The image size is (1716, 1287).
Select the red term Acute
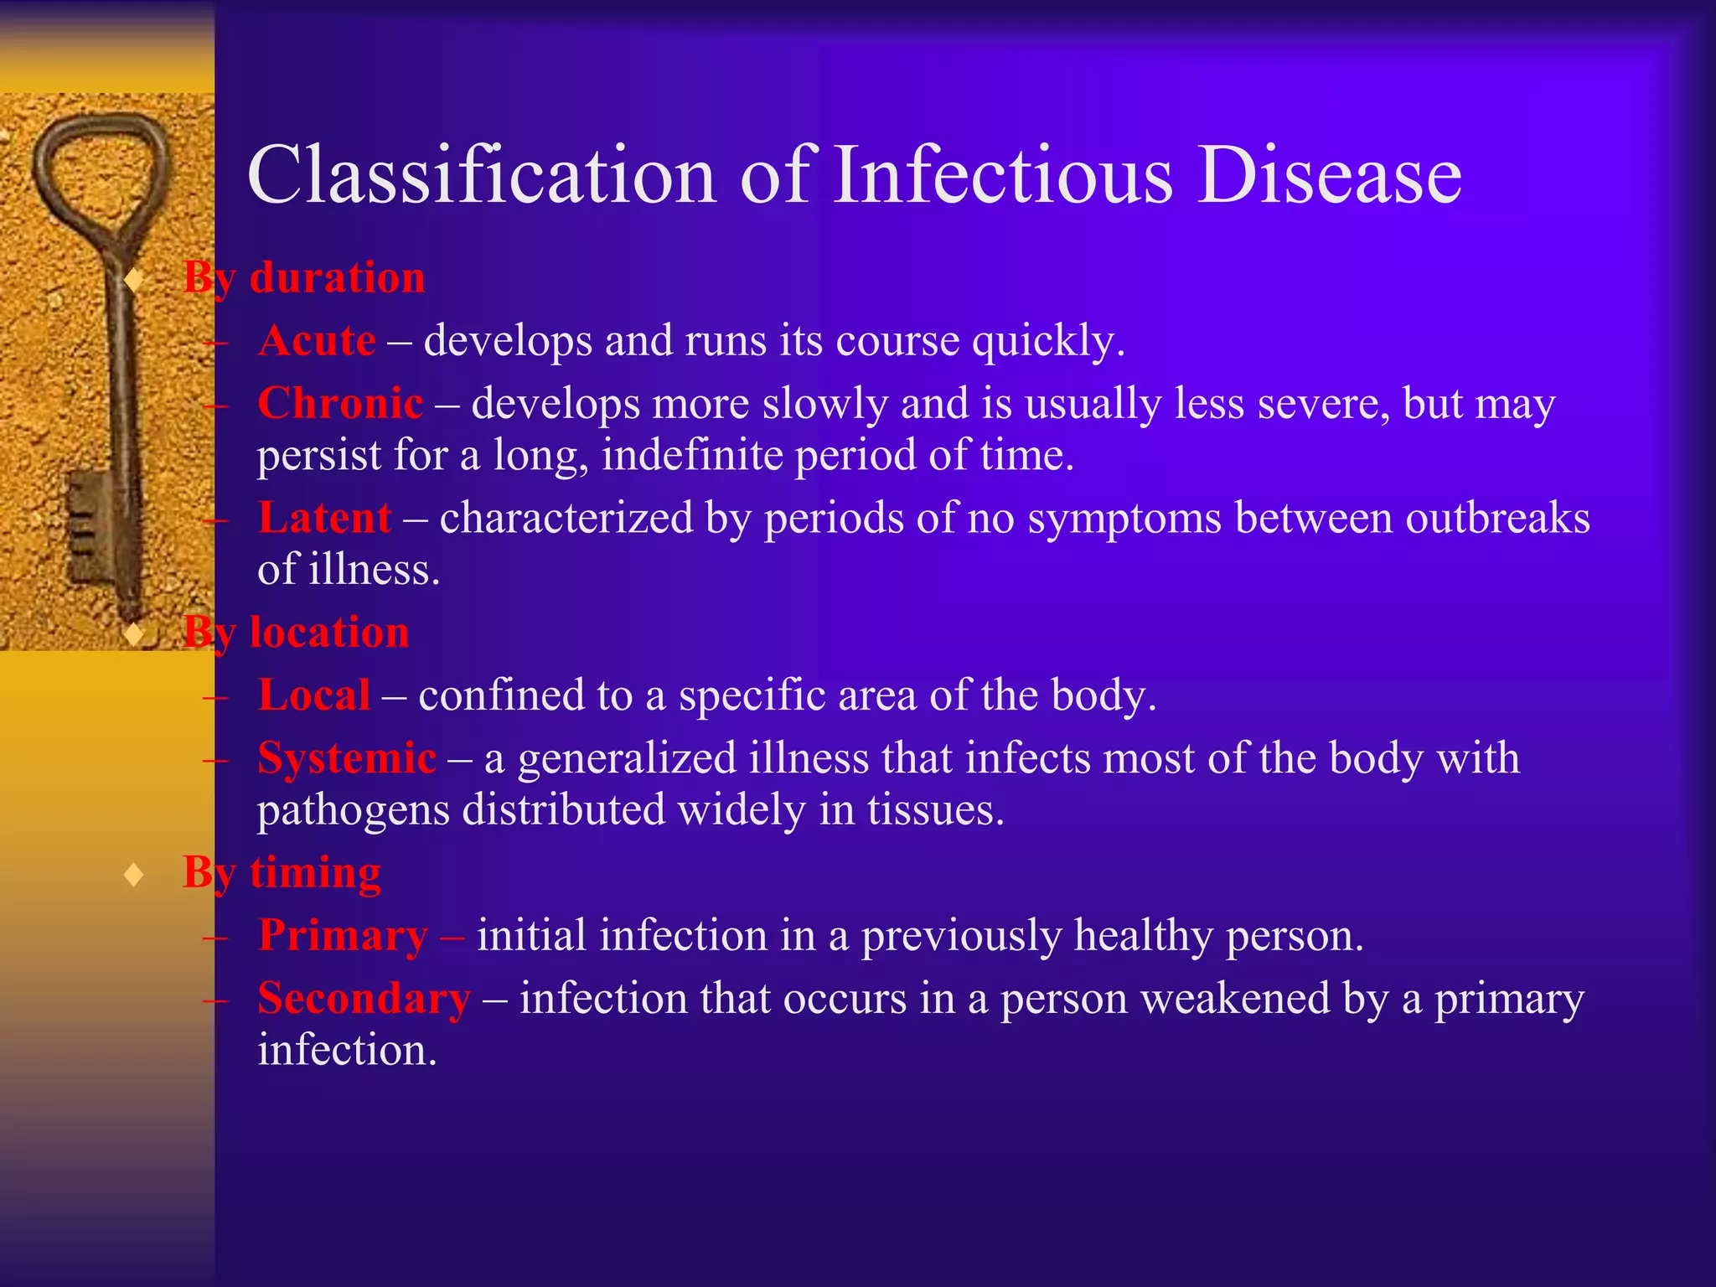click(x=317, y=340)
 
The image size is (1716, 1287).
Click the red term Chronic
click(x=340, y=403)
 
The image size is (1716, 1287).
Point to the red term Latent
click(x=324, y=517)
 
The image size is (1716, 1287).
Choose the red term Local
click(x=314, y=695)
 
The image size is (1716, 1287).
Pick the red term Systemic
click(x=347, y=758)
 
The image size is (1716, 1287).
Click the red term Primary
click(x=343, y=935)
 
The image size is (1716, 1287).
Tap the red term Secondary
click(x=364, y=999)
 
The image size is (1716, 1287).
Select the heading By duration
click(x=304, y=277)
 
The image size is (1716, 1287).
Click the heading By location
click(x=296, y=632)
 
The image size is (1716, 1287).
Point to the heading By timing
click(x=282, y=872)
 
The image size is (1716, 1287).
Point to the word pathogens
click(x=354, y=809)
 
